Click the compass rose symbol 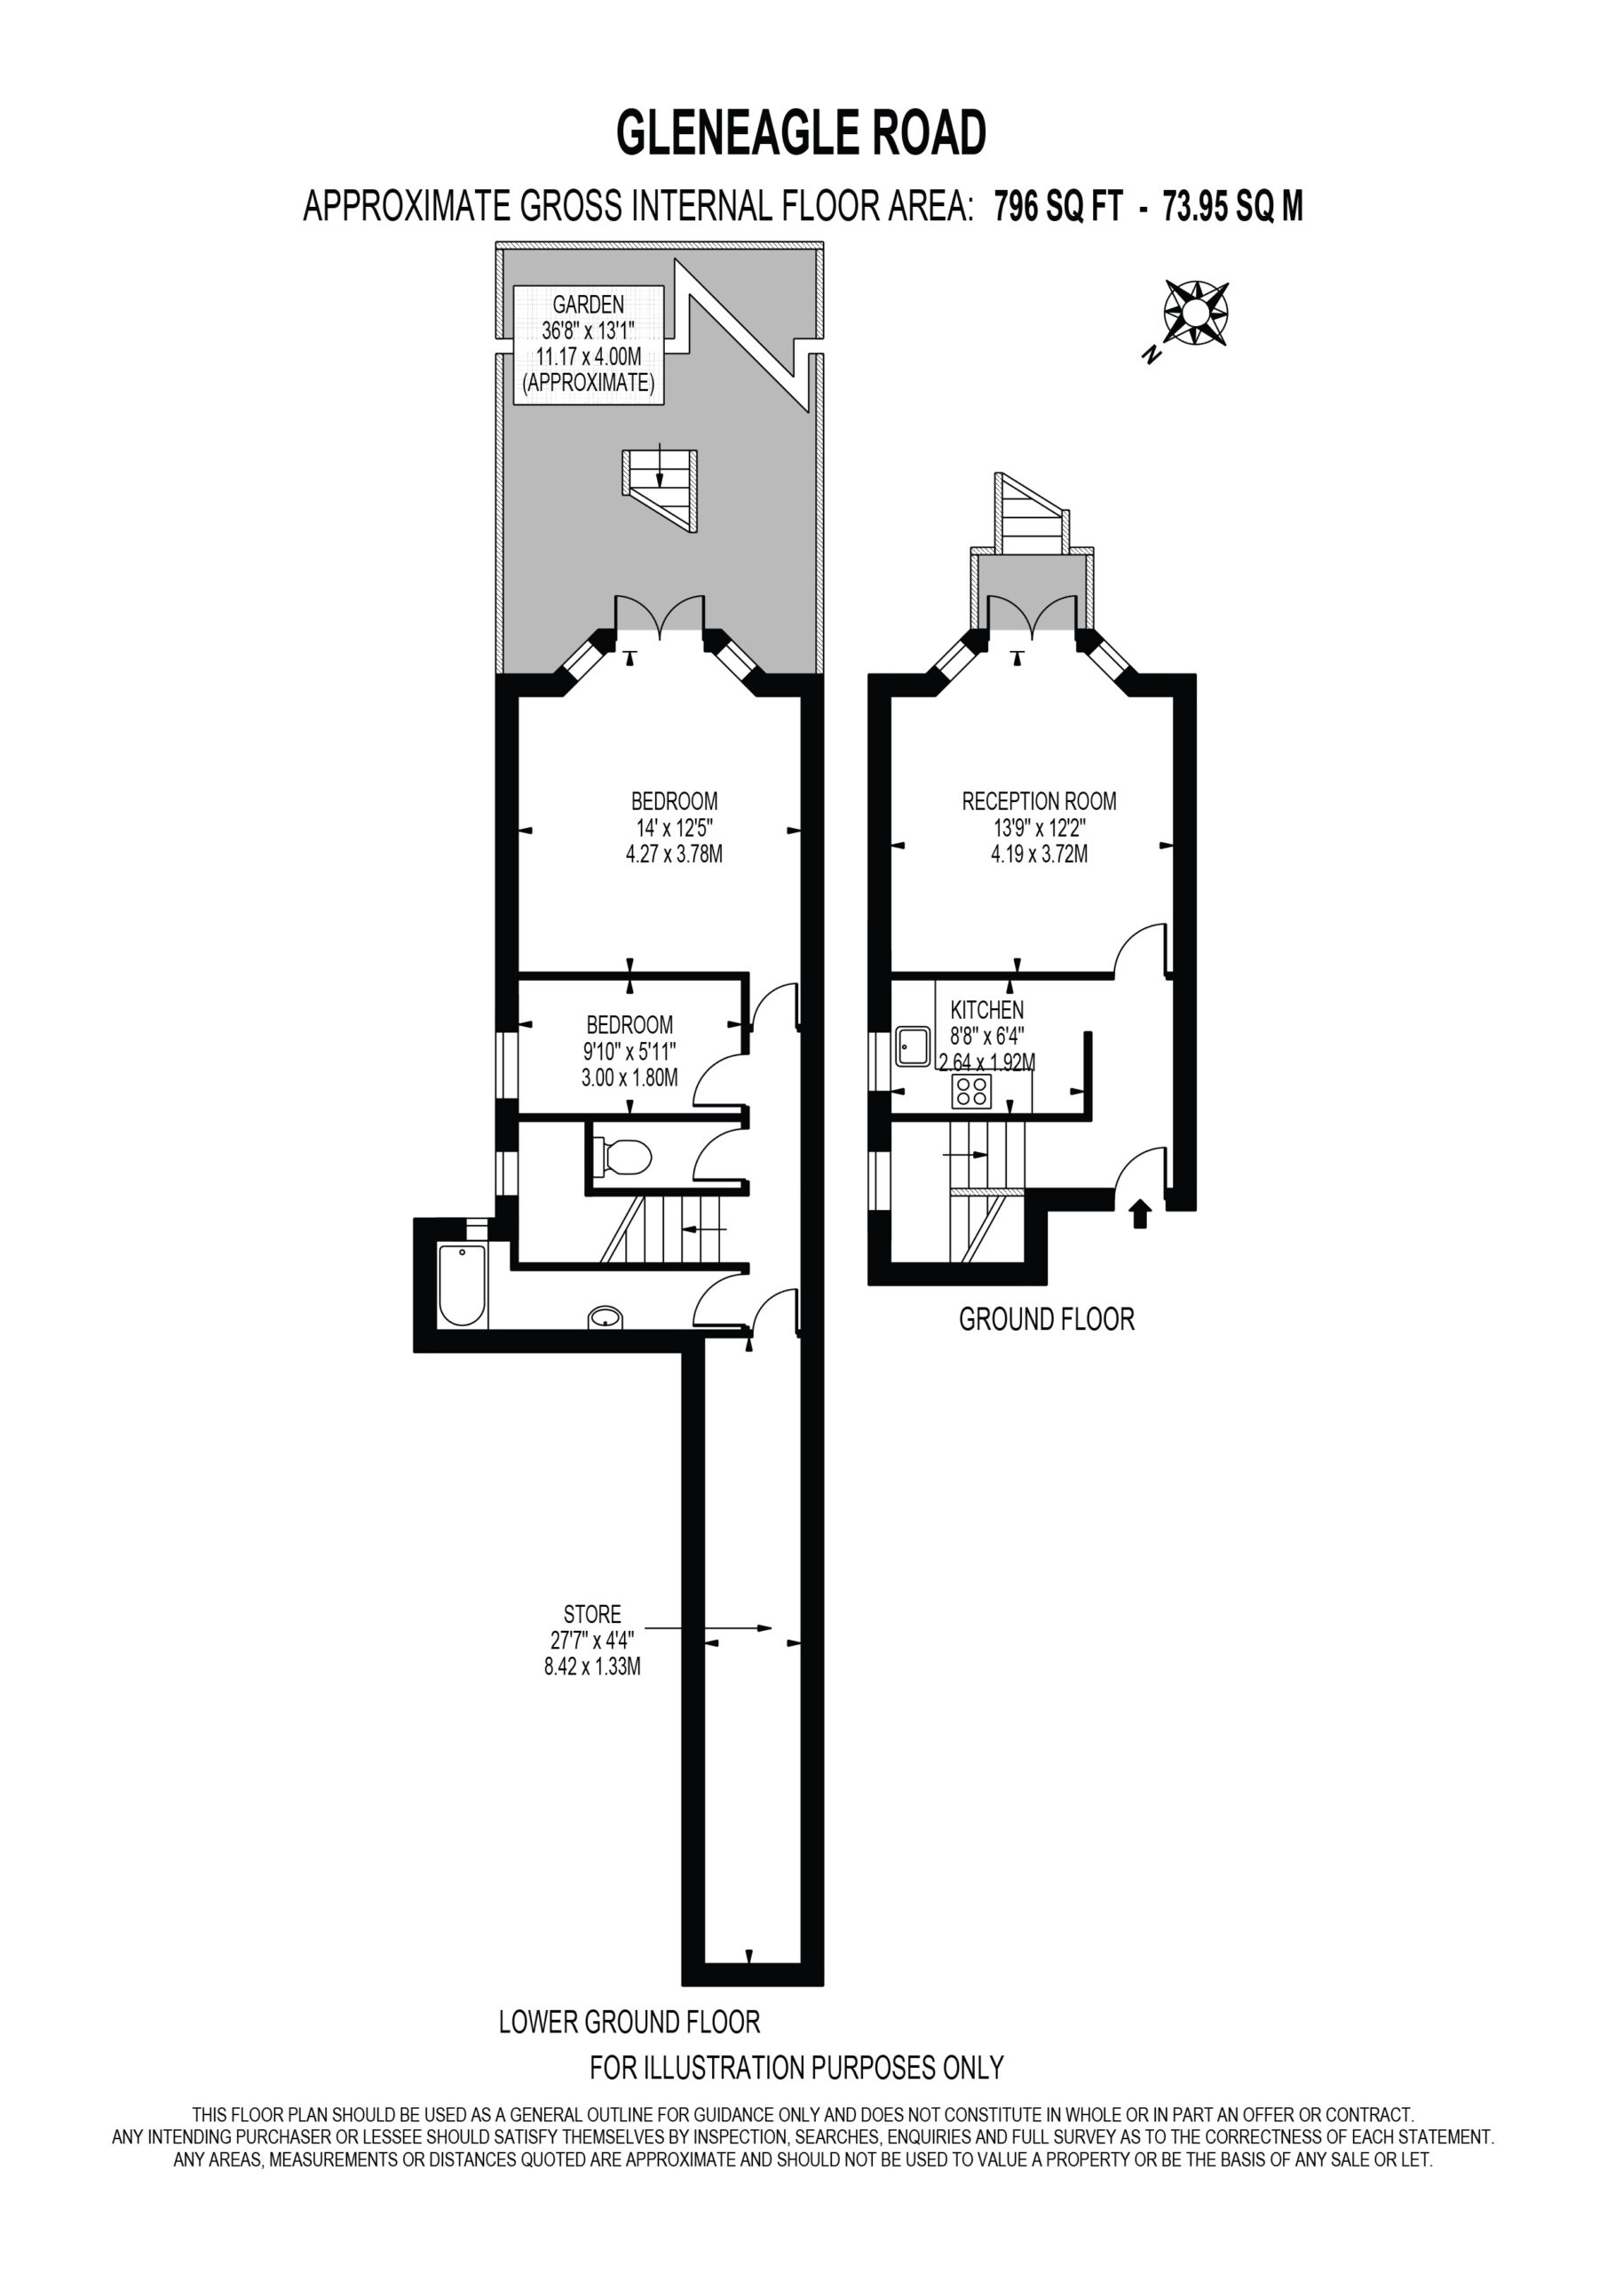tap(1195, 314)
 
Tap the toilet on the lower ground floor tap(621, 1156)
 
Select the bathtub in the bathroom tap(462, 1284)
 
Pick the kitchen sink tap(913, 1046)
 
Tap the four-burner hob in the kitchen tap(971, 1092)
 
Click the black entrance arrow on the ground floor tap(1140, 1213)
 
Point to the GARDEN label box tap(590, 344)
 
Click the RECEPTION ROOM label tap(1039, 801)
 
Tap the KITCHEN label tap(987, 1010)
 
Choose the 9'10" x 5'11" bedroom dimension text tap(629, 1051)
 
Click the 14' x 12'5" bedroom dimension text tap(674, 827)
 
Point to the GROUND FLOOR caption tap(1047, 1319)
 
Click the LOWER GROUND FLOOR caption tap(629, 2022)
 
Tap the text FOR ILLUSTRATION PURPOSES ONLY tap(797, 2067)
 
